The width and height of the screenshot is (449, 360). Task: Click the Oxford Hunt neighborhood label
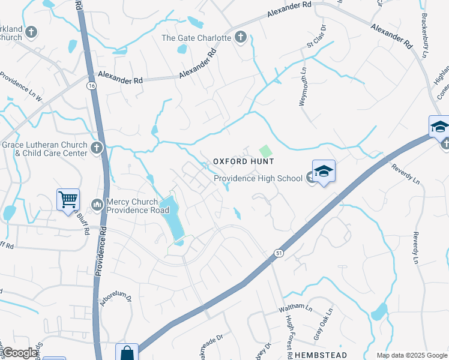244,162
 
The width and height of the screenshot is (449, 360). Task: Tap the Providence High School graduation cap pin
324,172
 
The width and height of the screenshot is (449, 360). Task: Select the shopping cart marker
68,199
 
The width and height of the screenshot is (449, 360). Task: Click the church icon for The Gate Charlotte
240,38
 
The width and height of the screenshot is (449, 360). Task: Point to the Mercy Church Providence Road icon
97,205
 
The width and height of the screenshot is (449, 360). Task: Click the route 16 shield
91,86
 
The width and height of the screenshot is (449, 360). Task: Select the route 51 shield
279,254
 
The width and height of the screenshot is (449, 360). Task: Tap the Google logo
19,353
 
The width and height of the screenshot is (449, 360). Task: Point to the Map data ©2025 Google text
411,355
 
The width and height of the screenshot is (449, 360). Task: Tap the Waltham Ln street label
295,308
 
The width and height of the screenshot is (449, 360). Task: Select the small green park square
265,150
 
